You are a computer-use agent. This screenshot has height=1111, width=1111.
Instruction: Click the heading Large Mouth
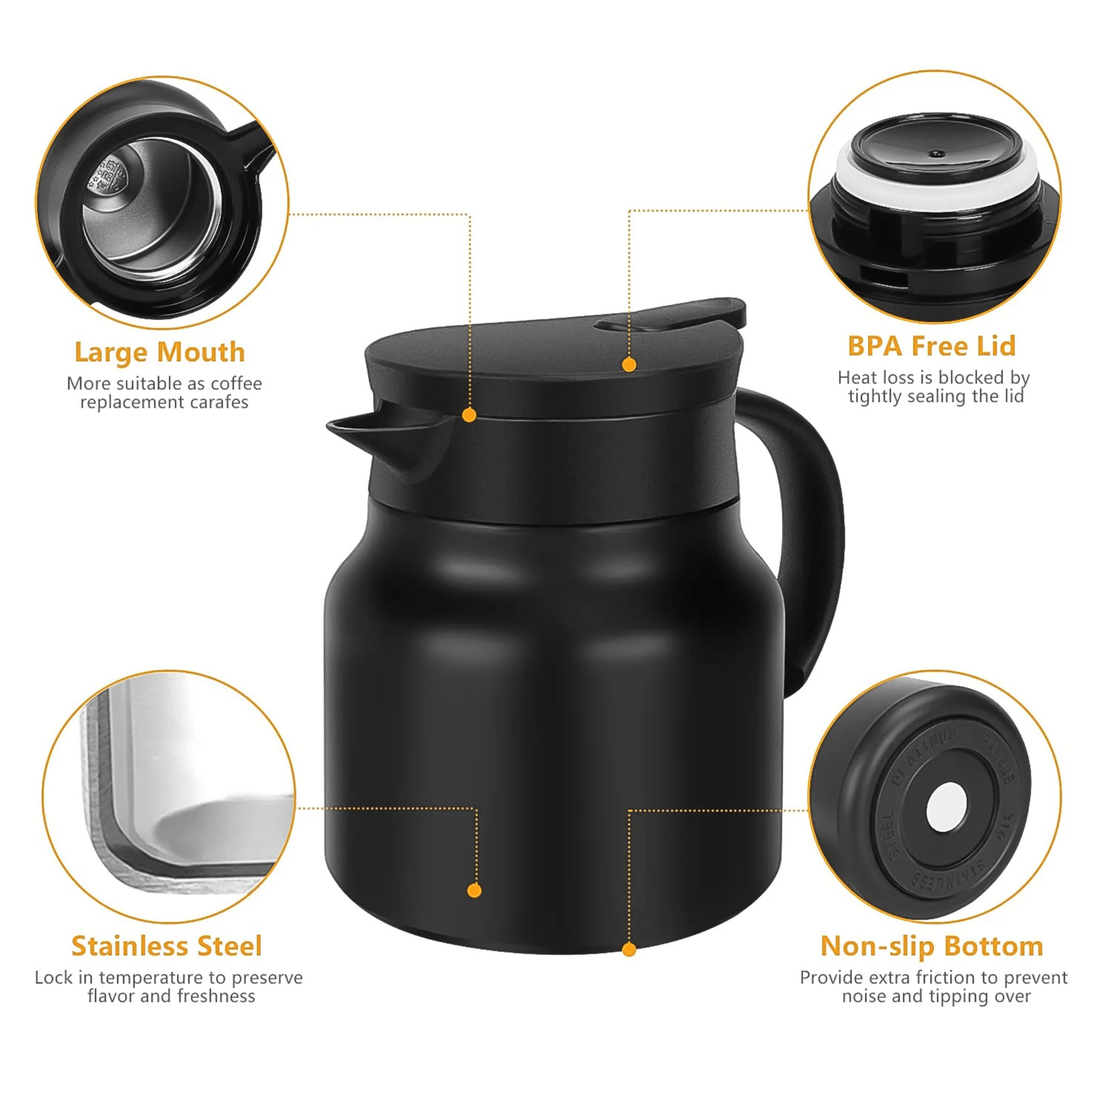click(159, 353)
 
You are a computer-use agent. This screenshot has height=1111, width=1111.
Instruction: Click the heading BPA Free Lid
click(931, 346)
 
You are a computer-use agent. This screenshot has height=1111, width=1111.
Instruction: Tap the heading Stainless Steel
click(166, 947)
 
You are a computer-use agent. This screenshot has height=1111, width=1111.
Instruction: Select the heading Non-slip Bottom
click(931, 947)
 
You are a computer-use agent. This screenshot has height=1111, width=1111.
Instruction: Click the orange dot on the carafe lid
click(629, 365)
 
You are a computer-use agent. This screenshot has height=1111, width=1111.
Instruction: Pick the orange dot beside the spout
click(469, 415)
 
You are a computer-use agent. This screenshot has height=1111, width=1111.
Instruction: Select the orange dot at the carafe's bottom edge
click(629, 949)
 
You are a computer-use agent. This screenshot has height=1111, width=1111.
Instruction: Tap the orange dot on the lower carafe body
click(475, 891)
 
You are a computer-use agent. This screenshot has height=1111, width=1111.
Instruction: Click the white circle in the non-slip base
click(947, 807)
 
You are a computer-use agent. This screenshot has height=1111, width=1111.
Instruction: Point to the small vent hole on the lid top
click(937, 154)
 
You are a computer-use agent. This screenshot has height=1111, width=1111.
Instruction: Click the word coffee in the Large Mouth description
click(236, 384)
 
